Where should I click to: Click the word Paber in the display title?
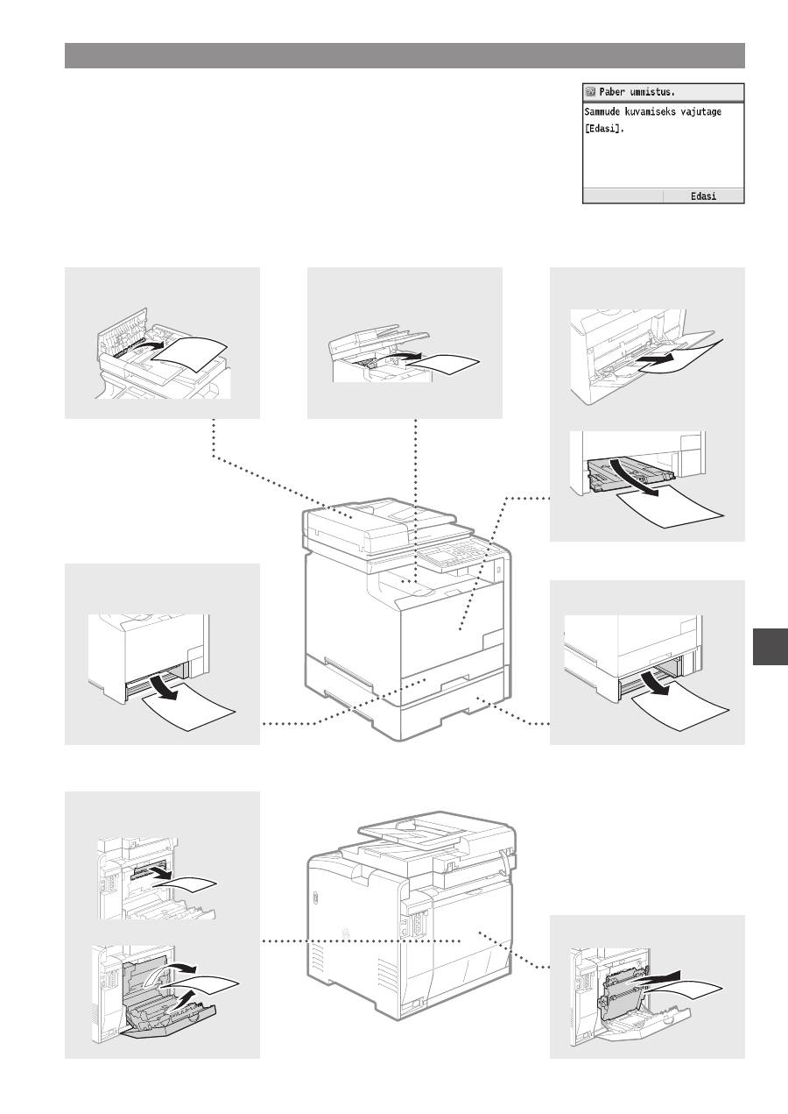click(612, 92)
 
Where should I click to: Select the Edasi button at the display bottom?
click(704, 196)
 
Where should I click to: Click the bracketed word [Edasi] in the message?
click(604, 128)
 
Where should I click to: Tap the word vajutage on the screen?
click(701, 112)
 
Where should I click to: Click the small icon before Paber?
click(591, 92)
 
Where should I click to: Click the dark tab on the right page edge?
click(770, 646)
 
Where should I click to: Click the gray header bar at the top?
click(405, 55)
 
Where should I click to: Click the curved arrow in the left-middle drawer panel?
click(163, 686)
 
